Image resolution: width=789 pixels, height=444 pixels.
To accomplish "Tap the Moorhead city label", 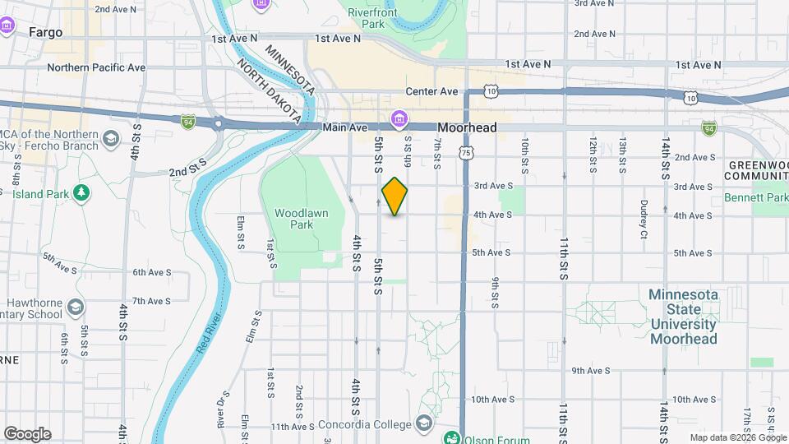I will tap(467, 128).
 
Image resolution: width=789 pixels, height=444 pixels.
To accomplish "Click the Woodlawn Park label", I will tap(301, 219).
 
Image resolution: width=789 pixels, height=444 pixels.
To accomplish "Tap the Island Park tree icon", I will tap(81, 192).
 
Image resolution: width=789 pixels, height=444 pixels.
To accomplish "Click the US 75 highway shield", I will tap(466, 152).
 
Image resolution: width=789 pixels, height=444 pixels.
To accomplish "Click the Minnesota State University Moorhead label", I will tap(684, 317).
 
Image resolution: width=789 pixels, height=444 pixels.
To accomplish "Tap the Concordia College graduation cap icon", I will tap(424, 423).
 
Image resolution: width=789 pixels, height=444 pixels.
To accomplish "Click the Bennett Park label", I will tap(756, 198).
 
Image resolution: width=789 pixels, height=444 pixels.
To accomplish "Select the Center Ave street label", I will tap(431, 91).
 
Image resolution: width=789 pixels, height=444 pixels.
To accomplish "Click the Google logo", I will tap(27, 434).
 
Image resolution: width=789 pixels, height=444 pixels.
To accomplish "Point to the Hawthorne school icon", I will tap(76, 307).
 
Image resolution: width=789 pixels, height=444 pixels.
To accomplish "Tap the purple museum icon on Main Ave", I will tap(399, 120).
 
